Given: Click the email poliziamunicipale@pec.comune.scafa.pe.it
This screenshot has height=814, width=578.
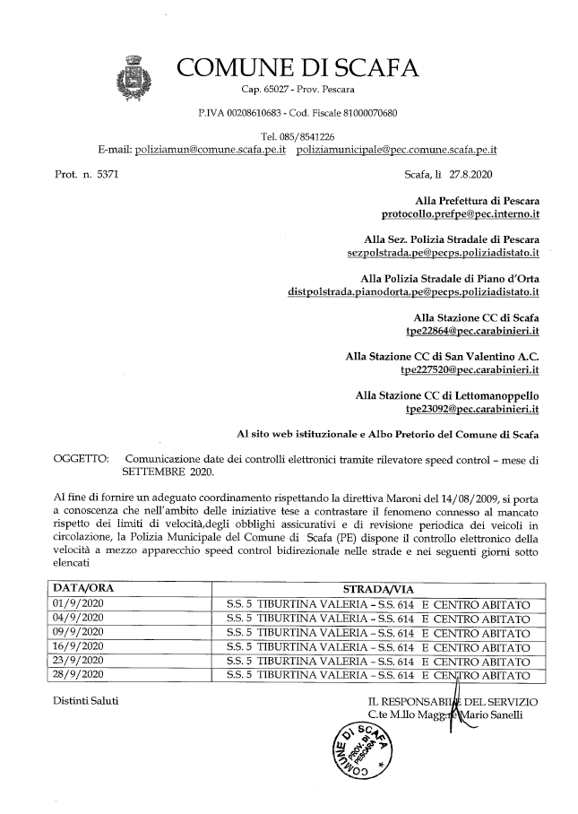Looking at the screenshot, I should pyautogui.click(x=397, y=148).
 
